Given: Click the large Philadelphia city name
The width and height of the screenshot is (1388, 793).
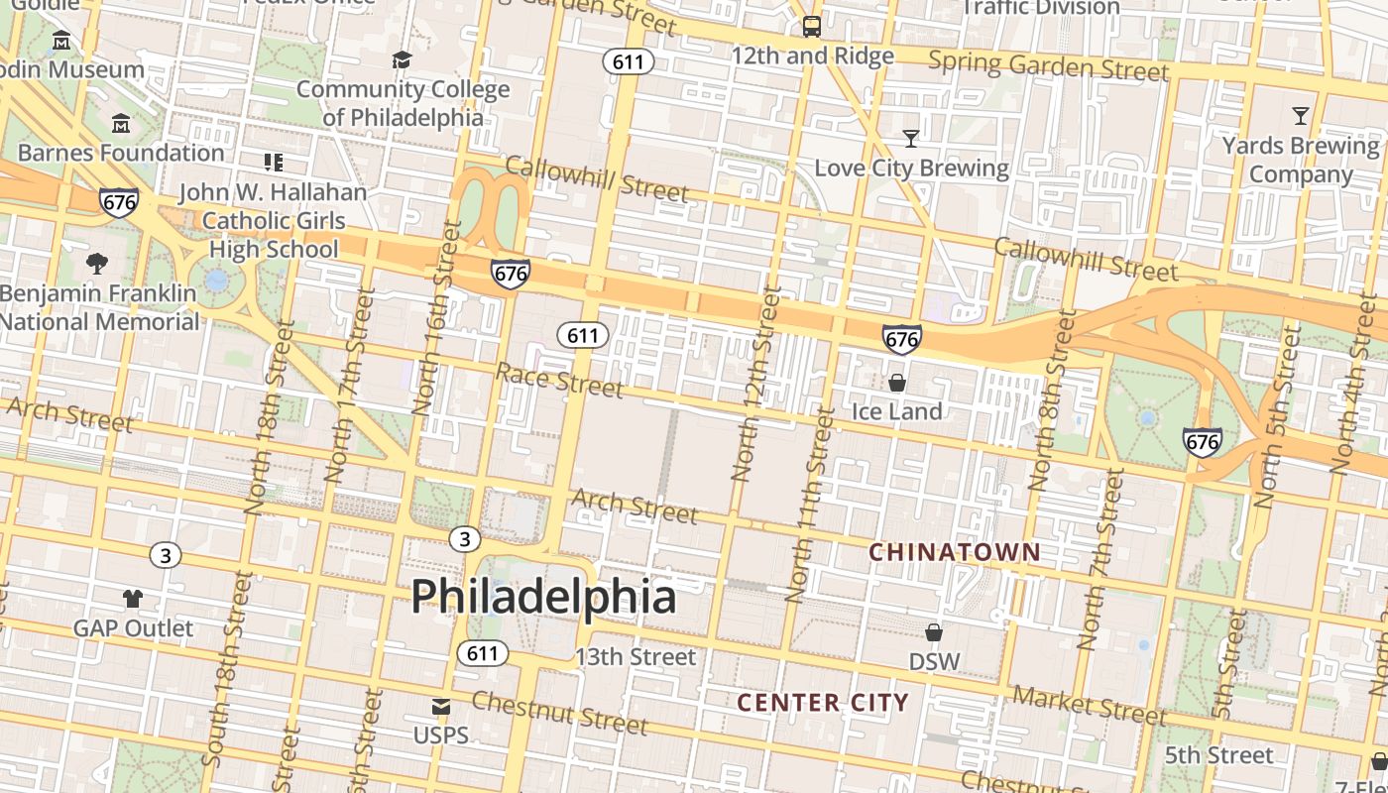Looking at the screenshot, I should point(543,597).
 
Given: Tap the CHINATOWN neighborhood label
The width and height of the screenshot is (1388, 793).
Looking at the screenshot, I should point(955,552).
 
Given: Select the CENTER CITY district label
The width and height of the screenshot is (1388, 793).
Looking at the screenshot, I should point(822,703).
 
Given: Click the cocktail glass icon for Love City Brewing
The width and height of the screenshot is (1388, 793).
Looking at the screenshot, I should point(911,138).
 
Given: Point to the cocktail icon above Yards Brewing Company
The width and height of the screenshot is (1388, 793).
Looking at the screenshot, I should point(1300,116).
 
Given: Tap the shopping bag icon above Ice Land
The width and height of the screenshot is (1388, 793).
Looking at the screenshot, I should point(897,382).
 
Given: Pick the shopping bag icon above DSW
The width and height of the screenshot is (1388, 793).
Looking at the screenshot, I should point(933,631).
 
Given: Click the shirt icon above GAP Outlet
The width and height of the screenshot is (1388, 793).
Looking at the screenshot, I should point(133,598).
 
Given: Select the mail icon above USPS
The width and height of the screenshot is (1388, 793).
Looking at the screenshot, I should point(441,707).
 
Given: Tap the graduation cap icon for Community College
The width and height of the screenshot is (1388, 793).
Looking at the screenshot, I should point(402,60).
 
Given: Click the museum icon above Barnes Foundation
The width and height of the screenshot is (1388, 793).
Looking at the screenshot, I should point(121,124).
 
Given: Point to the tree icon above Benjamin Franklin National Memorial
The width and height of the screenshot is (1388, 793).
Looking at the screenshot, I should point(97,264).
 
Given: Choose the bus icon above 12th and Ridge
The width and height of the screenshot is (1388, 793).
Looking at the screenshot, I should point(812,27).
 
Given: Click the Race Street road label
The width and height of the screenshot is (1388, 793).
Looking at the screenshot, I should point(559,380).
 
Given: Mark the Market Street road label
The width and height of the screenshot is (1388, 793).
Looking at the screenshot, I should point(1090,705).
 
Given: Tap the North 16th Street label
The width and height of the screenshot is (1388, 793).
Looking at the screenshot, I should point(437,317).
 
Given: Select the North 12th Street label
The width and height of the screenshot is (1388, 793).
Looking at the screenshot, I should point(757,385).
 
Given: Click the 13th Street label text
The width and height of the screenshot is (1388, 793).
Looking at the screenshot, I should point(636,656).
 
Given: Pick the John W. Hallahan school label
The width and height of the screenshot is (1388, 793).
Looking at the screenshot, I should point(273,220).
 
